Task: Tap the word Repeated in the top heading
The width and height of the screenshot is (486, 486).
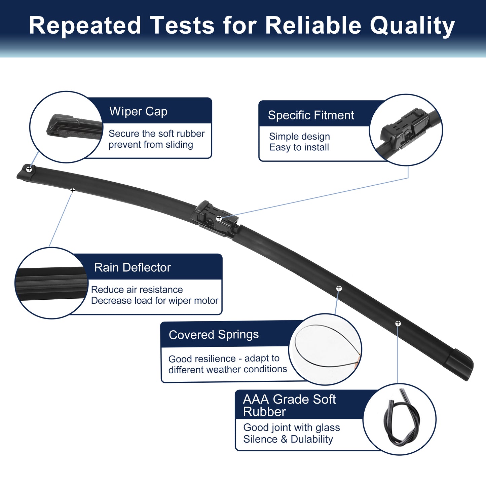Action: tap(85, 26)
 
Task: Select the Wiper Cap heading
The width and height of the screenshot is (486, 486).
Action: tap(139, 112)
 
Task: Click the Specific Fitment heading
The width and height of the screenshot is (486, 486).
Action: tap(311, 115)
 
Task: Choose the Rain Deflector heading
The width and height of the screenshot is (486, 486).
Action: tap(133, 267)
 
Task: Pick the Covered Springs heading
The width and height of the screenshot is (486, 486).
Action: tap(214, 335)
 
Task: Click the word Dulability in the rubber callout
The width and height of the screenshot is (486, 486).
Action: tap(312, 439)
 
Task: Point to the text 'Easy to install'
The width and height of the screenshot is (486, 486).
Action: tap(299, 147)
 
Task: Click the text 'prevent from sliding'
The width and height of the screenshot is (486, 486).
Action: tap(151, 145)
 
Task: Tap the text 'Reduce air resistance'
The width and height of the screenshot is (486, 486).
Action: tap(137, 290)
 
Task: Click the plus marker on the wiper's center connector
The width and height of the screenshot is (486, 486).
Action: tap(219, 218)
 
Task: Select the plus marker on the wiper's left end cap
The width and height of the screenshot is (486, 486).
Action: tap(29, 169)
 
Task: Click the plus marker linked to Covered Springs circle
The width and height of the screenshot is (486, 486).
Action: tap(339, 288)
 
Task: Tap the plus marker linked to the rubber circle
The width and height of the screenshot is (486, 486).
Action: tap(398, 323)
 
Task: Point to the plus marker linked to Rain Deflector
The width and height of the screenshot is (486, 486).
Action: tap(73, 190)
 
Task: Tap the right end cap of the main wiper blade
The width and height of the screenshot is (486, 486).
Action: tap(458, 364)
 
